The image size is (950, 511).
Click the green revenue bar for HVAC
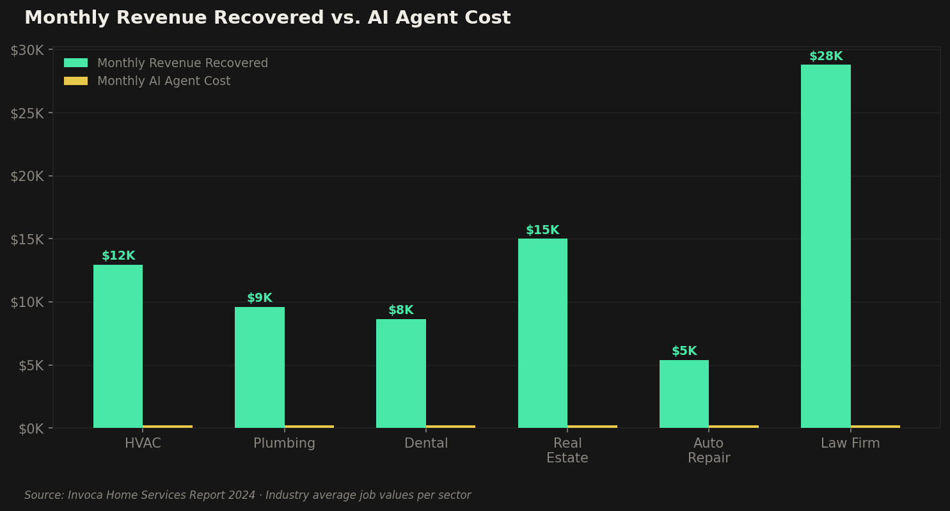118,346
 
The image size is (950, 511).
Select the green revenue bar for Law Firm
825,246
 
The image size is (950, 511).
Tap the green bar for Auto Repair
684,394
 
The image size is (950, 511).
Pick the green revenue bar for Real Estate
542,333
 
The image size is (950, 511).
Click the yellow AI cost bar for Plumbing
309,426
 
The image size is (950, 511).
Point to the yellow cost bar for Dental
450,426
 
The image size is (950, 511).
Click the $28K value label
825,56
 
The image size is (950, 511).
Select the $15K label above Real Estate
542,230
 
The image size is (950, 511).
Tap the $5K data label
684,351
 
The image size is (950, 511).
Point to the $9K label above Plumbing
259,298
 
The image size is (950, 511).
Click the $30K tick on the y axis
27,51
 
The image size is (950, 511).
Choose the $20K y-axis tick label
27,177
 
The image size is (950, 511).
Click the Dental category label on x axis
426,443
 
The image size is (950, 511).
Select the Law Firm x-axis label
850,443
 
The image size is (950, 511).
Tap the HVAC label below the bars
143,443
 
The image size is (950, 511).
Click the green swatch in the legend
75,63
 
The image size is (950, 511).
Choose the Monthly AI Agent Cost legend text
164,81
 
